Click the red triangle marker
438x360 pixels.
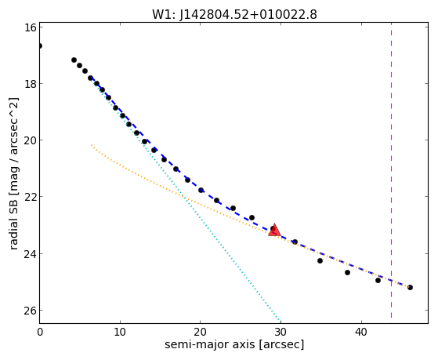click(274, 230)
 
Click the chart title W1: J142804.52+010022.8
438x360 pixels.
click(234, 15)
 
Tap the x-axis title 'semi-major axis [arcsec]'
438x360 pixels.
click(234, 344)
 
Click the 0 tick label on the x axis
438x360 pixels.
click(40, 333)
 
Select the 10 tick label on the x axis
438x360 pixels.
click(120, 333)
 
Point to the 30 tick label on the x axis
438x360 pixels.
click(281, 333)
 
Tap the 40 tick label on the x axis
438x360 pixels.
click(361, 333)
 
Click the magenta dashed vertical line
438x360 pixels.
click(391, 170)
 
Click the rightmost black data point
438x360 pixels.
click(410, 287)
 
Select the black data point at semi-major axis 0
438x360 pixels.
click(40, 45)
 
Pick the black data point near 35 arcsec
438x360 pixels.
click(320, 260)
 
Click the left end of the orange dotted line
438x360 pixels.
click(92, 145)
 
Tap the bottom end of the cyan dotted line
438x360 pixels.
click(281, 321)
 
